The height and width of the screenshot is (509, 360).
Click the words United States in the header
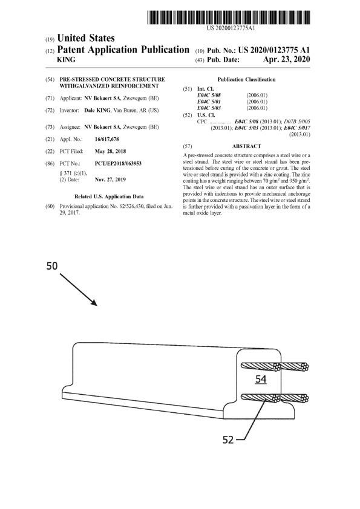point(86,38)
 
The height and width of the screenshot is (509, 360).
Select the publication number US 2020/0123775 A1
point(274,50)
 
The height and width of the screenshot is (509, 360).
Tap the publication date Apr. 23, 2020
point(286,59)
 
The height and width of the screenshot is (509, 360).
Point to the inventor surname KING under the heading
point(66,60)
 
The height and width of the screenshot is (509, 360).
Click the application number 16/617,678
point(107,139)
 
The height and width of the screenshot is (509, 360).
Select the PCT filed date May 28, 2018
point(110,151)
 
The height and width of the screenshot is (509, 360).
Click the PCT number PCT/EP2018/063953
point(118,163)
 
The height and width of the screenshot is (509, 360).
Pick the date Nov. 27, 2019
point(110,180)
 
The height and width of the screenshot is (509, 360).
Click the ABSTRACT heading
point(247,146)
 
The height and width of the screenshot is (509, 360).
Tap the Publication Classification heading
point(247,80)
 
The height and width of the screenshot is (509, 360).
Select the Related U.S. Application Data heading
point(109,196)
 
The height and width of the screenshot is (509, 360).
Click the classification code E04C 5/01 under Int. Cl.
point(209,102)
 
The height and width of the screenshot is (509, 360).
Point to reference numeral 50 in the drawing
point(52,266)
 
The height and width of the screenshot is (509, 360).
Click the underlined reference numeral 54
point(261,379)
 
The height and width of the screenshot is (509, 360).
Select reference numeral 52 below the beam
point(229,440)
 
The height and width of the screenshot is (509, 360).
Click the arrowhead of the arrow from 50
point(94,303)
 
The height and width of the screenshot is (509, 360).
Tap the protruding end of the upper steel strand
point(304,367)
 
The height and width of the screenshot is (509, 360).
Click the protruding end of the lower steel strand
point(304,398)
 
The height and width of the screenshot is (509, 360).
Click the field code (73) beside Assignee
point(50,127)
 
